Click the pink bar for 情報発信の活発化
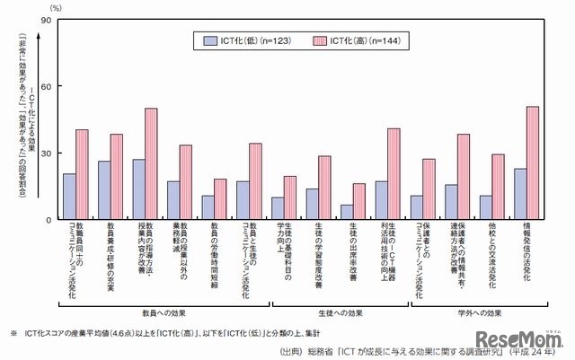coord(533,162)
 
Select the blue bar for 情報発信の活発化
coord(520,193)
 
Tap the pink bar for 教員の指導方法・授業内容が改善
coord(151,163)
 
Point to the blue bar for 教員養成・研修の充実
coord(104,190)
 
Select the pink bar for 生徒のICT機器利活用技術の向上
coord(394,173)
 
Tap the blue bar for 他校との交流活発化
coord(486,207)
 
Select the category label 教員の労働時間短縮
coord(214,256)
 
